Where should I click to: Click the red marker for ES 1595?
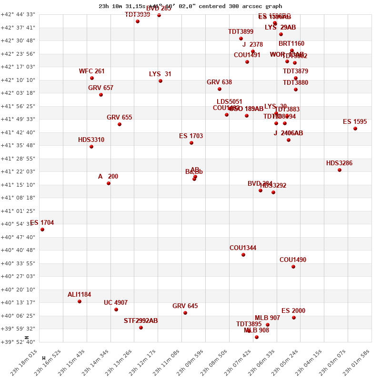(355, 129)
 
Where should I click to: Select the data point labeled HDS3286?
(340, 170)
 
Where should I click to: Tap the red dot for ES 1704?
(42, 230)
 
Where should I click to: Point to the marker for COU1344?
(243, 255)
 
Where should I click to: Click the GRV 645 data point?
(185, 313)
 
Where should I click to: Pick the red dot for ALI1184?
(80, 301)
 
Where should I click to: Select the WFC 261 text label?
(92, 71)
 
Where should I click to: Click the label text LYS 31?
(160, 74)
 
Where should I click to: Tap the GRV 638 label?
(219, 82)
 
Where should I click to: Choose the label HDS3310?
(91, 140)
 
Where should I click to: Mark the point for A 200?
(109, 183)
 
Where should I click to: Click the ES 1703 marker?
(191, 143)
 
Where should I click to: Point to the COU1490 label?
(293, 260)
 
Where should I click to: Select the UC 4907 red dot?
(116, 310)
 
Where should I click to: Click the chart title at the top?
(190, 6)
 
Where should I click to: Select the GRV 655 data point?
(120, 124)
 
